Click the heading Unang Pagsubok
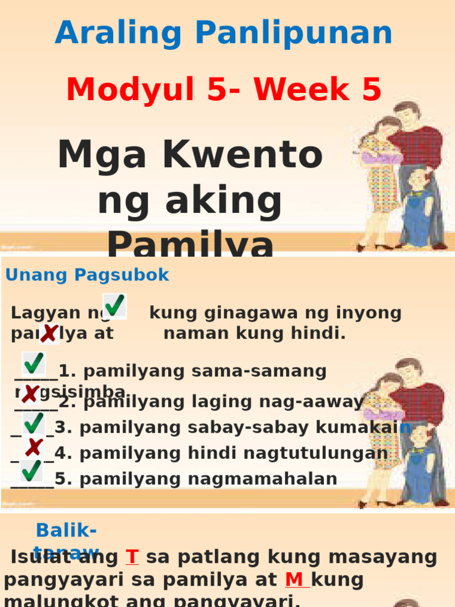click(87, 275)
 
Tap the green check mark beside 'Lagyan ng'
click(114, 306)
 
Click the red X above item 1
click(49, 334)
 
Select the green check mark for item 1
click(33, 363)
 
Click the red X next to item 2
click(29, 394)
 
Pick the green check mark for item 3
click(33, 423)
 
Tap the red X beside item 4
click(34, 448)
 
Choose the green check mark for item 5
click(31, 471)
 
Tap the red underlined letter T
click(132, 557)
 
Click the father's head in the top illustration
click(408, 114)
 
